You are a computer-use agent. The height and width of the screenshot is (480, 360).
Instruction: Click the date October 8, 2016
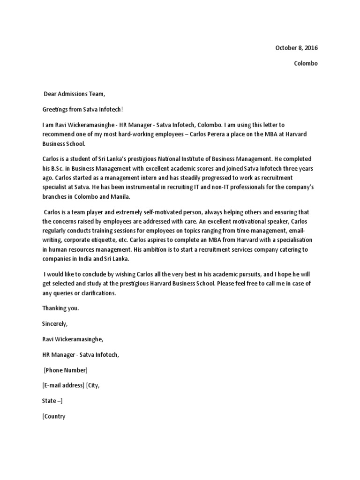tap(296, 48)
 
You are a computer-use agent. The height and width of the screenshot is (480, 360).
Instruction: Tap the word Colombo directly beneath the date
tap(306, 63)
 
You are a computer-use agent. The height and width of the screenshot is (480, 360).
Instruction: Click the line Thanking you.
tap(61, 308)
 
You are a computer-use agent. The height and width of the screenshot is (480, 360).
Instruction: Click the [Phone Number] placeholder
tap(66, 370)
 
